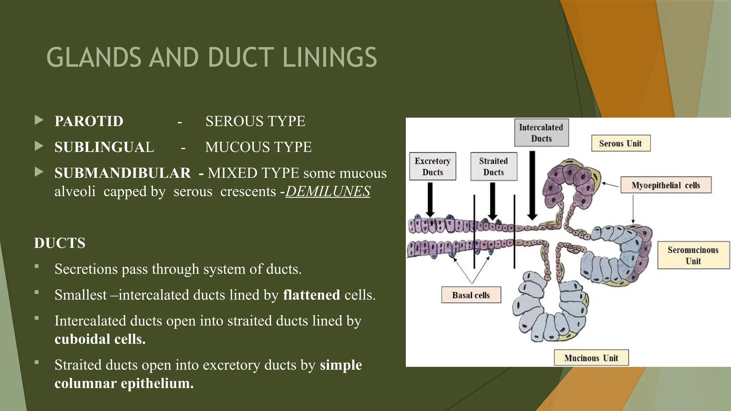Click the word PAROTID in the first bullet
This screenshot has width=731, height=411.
[x=89, y=121]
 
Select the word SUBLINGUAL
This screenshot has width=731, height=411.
[x=104, y=147]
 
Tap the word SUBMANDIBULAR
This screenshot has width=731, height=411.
[x=122, y=173]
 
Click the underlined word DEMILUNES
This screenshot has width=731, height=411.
[x=328, y=192]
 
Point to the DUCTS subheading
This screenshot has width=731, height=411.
[x=60, y=243]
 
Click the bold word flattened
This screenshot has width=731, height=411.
[x=311, y=295]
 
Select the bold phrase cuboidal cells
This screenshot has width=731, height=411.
[x=100, y=339]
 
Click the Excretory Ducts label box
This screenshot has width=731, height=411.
[x=432, y=167]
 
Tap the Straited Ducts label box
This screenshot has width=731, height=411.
[x=493, y=167]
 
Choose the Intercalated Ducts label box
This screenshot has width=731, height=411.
[x=541, y=133]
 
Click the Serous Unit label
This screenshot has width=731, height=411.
[x=620, y=143]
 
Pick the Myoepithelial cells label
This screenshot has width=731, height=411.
[x=666, y=185]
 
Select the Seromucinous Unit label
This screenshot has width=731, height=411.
[x=693, y=255]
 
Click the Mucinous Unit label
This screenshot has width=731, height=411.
[x=591, y=358]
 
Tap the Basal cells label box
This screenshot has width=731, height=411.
[x=471, y=295]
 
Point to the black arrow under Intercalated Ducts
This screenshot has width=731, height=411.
[x=532, y=186]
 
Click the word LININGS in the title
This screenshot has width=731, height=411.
[x=329, y=57]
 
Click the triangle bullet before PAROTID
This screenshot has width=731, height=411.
[x=39, y=120]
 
